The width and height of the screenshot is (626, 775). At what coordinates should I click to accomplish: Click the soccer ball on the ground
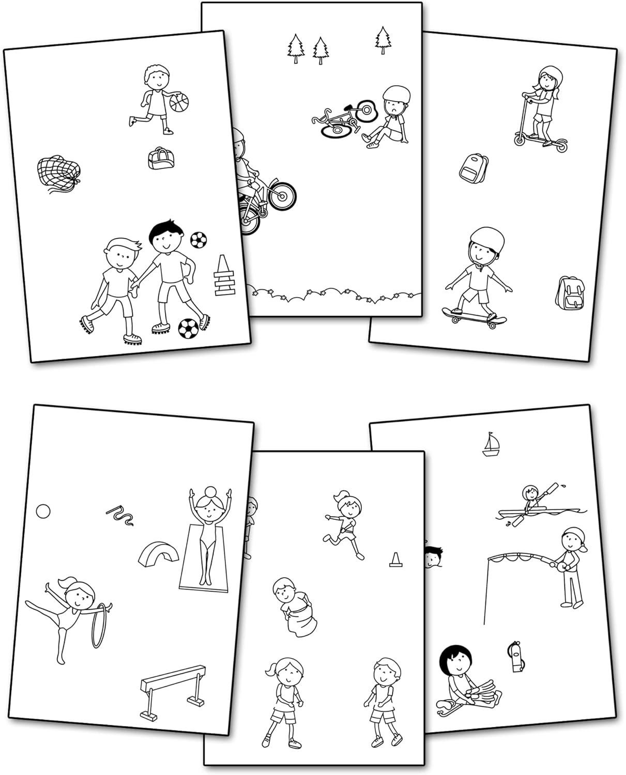click(188, 328)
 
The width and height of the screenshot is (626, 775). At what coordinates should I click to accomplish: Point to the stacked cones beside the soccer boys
click(224, 277)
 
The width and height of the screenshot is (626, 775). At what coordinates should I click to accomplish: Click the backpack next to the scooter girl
click(474, 167)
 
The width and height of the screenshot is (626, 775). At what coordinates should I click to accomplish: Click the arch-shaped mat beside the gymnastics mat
click(159, 553)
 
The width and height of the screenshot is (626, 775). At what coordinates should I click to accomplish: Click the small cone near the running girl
click(395, 560)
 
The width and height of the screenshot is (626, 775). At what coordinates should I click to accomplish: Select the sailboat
click(491, 445)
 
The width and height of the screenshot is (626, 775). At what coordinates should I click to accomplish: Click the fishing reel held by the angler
click(559, 567)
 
